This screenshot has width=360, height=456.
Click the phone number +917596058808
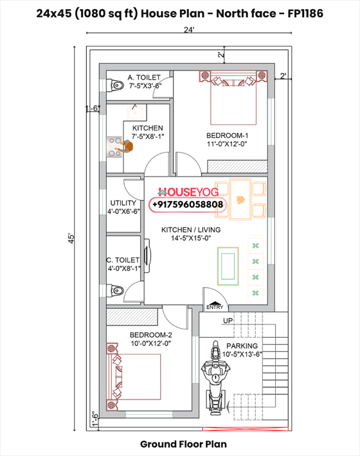(188, 205)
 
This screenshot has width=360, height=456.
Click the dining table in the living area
(240, 199)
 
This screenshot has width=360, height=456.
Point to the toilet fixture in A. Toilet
(116, 85)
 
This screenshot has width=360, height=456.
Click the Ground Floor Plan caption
(183, 444)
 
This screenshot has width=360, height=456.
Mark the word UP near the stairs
(227, 320)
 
